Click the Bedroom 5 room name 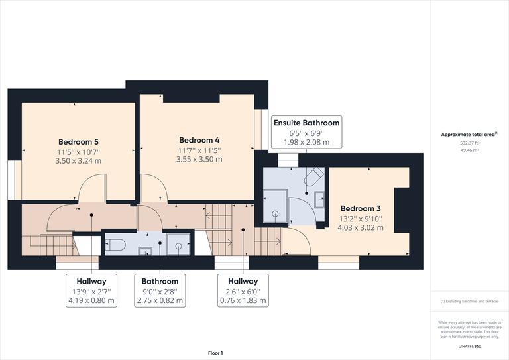pyautogui.click(x=78, y=141)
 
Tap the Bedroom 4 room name pyautogui.click(x=199, y=140)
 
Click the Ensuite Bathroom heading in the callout pyautogui.click(x=306, y=123)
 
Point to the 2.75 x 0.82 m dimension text pyautogui.click(x=160, y=300)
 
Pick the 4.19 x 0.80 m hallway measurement pyautogui.click(x=91, y=300)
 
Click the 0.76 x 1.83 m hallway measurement pyautogui.click(x=243, y=300)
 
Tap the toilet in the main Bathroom pyautogui.click(x=117, y=245)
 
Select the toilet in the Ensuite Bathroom pyautogui.click(x=314, y=175)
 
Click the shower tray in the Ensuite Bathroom pyautogui.click(x=276, y=204)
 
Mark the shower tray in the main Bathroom pyautogui.click(x=178, y=245)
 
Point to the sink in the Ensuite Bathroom pyautogui.click(x=319, y=198)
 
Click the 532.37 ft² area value pyautogui.click(x=469, y=143)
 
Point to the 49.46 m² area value pyautogui.click(x=469, y=150)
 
